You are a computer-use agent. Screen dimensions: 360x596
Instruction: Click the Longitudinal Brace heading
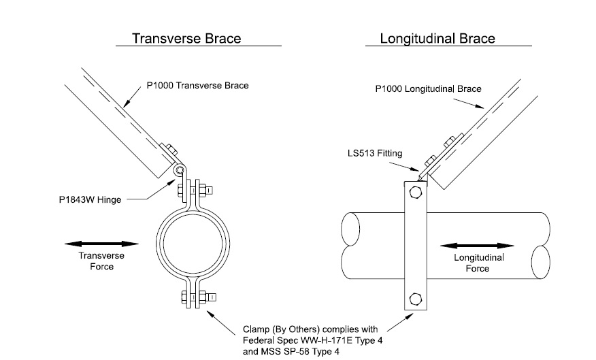point(437,38)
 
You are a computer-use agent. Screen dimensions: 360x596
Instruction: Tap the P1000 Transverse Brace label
point(198,86)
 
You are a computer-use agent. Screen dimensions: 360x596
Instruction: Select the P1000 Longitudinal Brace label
point(429,88)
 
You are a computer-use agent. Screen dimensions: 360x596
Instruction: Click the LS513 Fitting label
point(374,154)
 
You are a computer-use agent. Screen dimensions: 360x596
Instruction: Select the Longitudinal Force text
point(478,263)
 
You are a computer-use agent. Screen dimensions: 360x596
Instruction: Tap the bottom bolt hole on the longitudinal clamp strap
point(416,297)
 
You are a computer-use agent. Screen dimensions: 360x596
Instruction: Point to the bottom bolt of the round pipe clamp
point(195,296)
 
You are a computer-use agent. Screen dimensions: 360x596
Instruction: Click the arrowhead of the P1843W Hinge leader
point(171,180)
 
